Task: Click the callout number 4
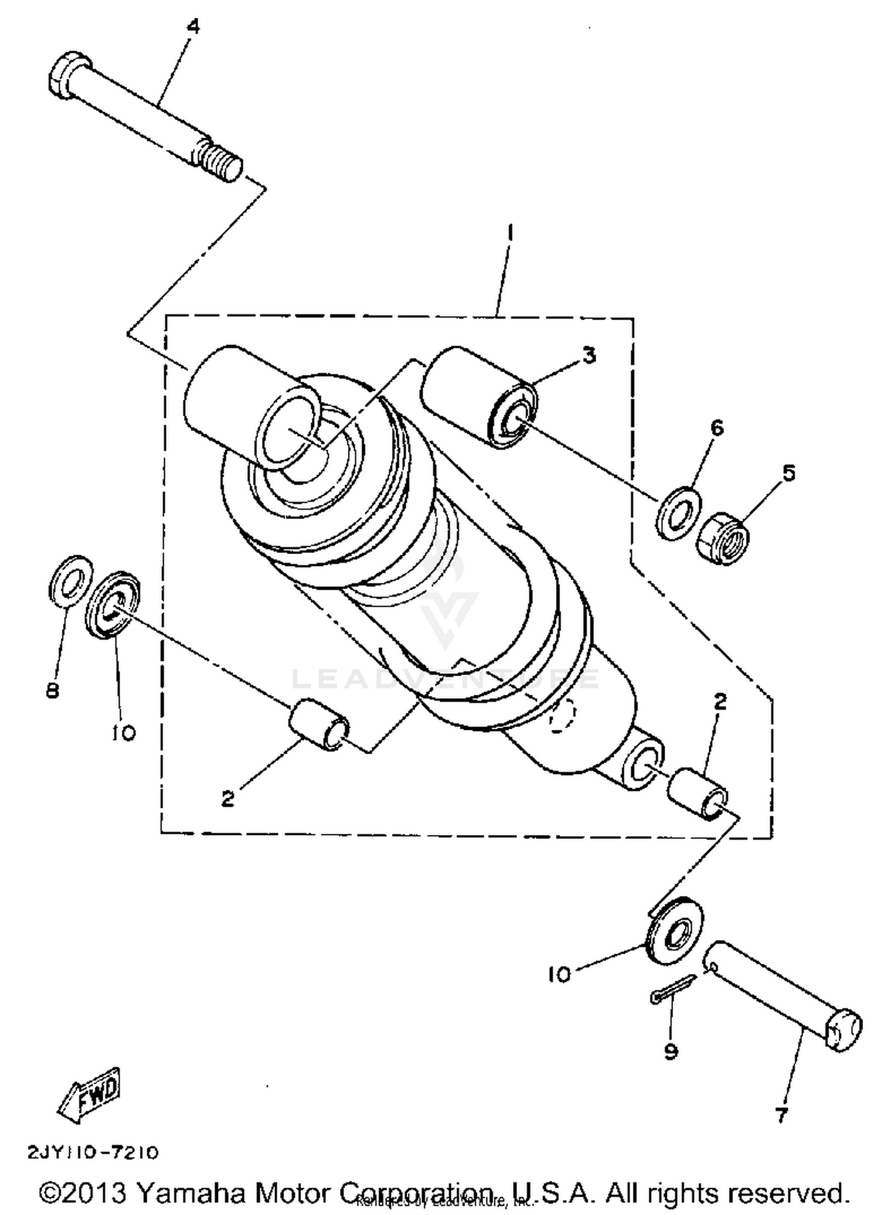tap(194, 27)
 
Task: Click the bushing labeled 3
tap(479, 397)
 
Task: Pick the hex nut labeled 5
tap(723, 538)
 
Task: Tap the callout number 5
tap(788, 473)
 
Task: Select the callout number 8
tap(52, 690)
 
